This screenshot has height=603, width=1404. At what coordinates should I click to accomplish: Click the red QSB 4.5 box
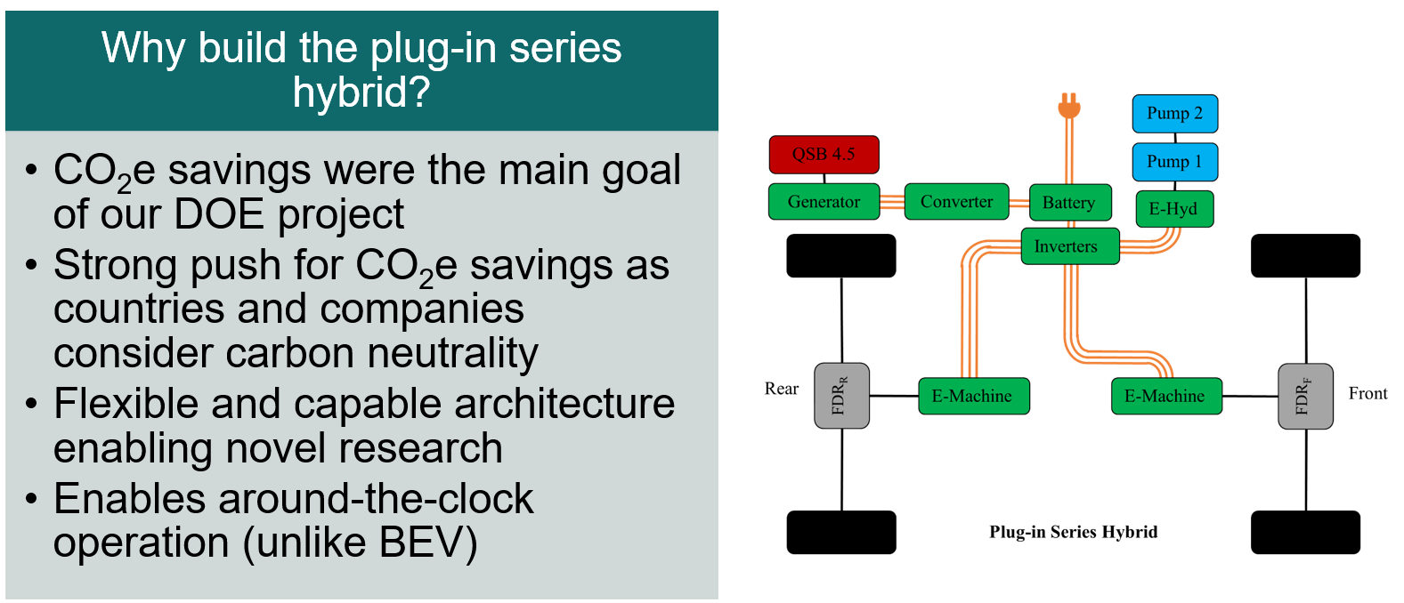(824, 155)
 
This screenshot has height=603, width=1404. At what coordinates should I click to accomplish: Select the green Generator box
(824, 202)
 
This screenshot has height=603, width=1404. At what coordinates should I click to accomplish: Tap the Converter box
(956, 202)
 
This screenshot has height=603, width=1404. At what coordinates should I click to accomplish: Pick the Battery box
(1069, 203)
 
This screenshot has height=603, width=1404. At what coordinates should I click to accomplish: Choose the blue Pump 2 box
(1174, 114)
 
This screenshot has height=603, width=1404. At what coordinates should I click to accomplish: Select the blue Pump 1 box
(1174, 162)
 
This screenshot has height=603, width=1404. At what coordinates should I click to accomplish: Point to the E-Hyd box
(1173, 209)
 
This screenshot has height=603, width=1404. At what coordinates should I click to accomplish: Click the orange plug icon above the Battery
(1069, 107)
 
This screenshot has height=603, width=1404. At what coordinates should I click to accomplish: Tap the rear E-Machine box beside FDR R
(973, 396)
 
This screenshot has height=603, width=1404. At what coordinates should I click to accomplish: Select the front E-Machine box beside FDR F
(1165, 396)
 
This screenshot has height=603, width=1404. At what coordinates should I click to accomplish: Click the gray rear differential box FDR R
(841, 396)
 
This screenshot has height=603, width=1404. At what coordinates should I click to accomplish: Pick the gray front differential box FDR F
(1305, 397)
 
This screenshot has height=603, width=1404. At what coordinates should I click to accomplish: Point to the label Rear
(782, 389)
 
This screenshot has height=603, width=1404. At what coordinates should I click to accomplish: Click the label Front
(1367, 393)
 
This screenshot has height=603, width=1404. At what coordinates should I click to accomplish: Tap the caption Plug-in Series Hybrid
(1074, 532)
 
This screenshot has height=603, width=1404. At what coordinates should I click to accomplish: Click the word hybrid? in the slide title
(361, 92)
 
